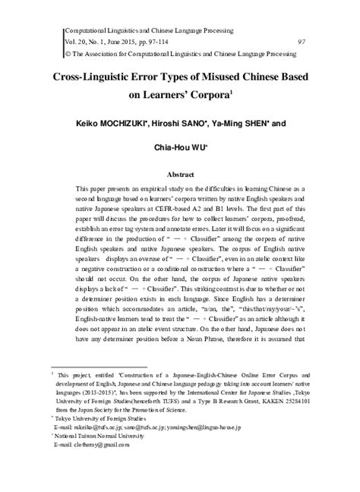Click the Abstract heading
coord(180,174)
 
